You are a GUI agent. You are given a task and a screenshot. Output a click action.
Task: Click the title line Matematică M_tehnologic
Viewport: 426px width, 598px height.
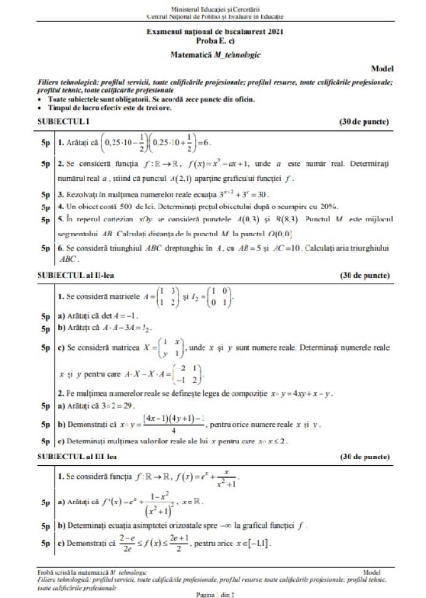pos(216,54)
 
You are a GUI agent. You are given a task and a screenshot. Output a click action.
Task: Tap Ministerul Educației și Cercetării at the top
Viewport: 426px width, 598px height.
pos(214,8)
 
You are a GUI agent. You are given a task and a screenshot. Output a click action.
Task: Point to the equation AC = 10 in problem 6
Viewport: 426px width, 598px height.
pos(320,248)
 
